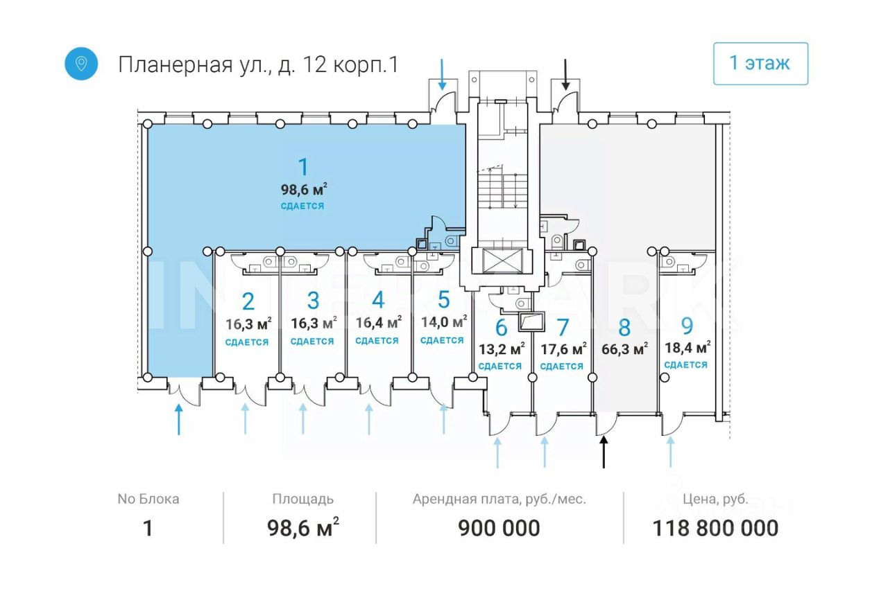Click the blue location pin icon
81,64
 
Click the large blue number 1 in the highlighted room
303,167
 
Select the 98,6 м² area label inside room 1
304,190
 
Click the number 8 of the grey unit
624,327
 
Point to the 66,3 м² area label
625,349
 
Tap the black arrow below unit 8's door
604,452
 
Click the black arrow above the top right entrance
565,74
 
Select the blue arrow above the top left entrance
442,74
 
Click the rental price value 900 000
499,528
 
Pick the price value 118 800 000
715,528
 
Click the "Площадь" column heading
303,499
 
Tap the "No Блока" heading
148,499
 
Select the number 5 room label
443,299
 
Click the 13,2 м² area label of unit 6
502,349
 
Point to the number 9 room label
687,326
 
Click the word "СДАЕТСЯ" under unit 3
312,341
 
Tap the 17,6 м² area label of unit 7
564,349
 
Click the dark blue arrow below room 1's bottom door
179,419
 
